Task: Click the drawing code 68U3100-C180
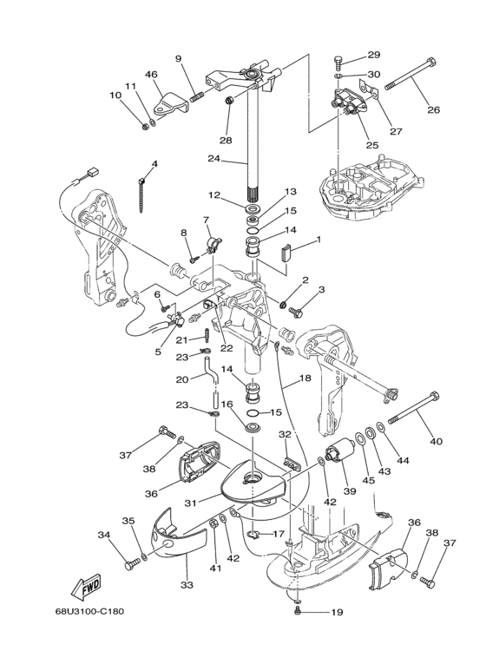(89, 611)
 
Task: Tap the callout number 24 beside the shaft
(213, 158)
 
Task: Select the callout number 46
(151, 74)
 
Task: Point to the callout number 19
(337, 612)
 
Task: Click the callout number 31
(190, 503)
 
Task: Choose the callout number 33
(187, 584)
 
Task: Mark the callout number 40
(436, 441)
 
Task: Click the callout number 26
(433, 109)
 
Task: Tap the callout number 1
(318, 240)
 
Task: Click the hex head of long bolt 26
(431, 62)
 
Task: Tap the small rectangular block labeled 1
(286, 252)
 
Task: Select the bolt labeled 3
(296, 312)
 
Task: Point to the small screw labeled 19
(298, 612)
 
